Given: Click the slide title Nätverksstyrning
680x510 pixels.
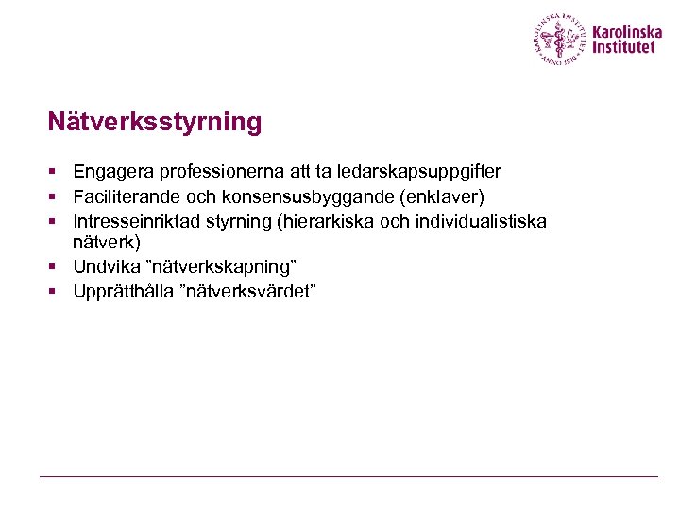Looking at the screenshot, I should (155, 123).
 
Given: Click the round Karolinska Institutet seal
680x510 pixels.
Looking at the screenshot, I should (559, 39).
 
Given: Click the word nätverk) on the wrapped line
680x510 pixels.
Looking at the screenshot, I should (107, 242).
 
